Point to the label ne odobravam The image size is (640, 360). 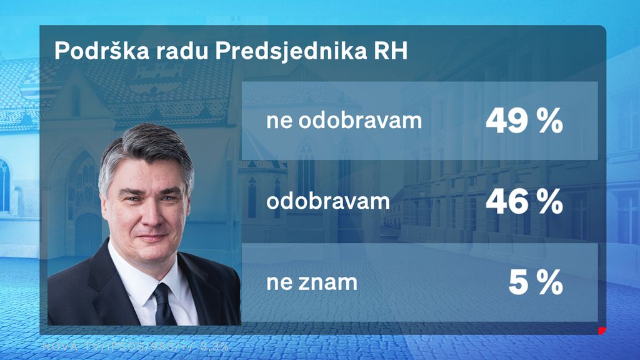point(344,121)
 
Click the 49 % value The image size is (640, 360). point(524,121)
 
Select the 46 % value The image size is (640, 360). point(524,201)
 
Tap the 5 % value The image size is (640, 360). point(536,283)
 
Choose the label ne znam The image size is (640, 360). point(312,283)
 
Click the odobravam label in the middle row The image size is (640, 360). point(327,201)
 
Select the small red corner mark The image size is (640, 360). point(602,330)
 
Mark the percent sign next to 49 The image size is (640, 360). point(549,121)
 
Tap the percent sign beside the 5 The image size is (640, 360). point(549,283)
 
